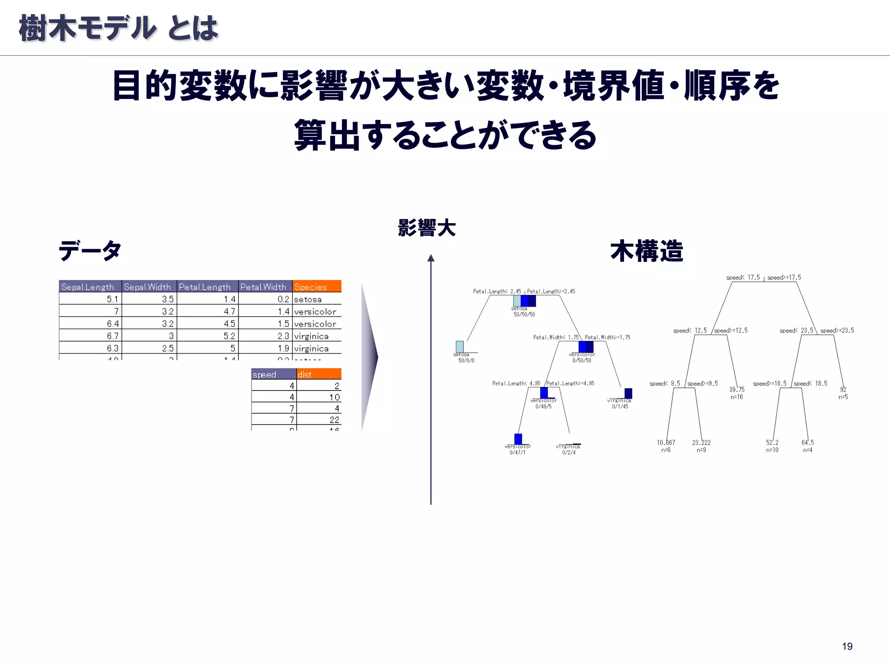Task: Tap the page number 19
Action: click(847, 646)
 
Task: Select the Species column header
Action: click(316, 287)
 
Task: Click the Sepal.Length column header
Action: click(90, 287)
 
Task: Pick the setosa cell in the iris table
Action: click(308, 299)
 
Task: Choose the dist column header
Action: click(319, 374)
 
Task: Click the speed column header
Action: click(273, 374)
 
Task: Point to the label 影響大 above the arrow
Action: click(427, 228)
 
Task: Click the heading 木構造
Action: click(647, 251)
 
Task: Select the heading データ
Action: click(90, 250)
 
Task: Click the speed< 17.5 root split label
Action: click(743, 277)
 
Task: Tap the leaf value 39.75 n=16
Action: click(737, 393)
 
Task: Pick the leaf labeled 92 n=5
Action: click(843, 393)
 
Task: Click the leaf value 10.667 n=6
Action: click(666, 446)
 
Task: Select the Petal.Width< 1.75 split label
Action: click(556, 337)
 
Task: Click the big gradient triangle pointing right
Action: click(369, 357)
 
